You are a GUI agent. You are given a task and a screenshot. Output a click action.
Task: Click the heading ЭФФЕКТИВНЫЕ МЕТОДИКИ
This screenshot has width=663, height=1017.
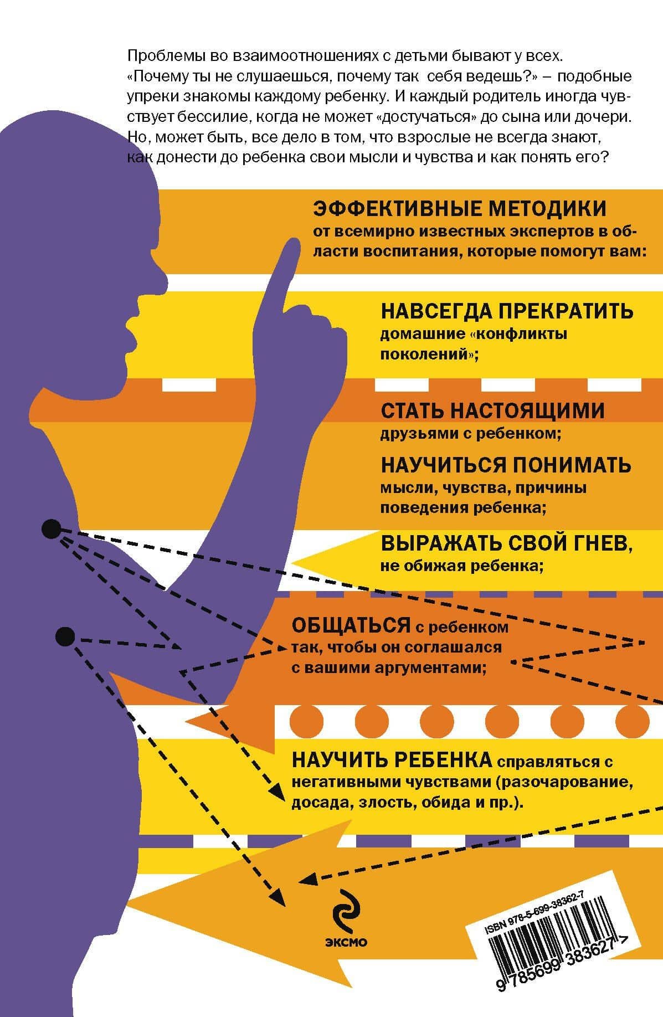[460, 209]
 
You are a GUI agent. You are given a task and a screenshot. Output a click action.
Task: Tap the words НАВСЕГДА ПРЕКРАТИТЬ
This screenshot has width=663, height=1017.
[507, 311]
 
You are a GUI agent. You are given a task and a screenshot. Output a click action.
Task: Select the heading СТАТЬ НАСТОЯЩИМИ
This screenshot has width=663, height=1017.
[492, 411]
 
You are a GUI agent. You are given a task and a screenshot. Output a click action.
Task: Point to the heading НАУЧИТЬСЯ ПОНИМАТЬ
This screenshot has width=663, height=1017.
[506, 465]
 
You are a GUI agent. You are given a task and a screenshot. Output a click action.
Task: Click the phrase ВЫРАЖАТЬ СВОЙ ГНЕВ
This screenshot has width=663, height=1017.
[507, 545]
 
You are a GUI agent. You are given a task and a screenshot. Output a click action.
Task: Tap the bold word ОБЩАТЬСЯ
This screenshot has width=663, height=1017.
[351, 625]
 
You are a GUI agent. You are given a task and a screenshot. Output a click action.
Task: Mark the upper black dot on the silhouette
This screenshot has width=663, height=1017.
[51, 529]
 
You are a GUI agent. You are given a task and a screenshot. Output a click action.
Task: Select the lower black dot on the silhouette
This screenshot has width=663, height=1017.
[65, 636]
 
